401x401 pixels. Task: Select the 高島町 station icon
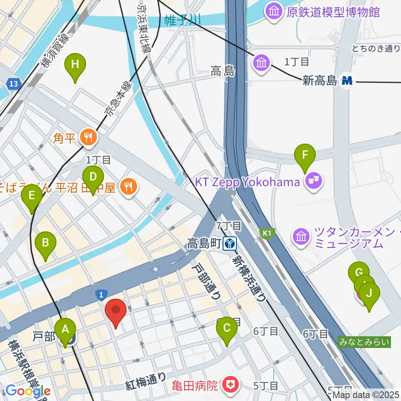(229, 242)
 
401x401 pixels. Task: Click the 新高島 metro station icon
(347, 81)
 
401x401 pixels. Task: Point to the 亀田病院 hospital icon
(228, 384)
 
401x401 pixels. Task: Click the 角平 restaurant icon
(88, 137)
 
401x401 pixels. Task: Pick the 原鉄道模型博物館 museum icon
(274, 12)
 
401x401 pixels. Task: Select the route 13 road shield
(14, 85)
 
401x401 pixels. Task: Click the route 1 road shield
(100, 295)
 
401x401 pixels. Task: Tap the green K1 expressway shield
(266, 233)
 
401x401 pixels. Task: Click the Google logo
(28, 391)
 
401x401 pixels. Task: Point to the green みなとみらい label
(365, 342)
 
